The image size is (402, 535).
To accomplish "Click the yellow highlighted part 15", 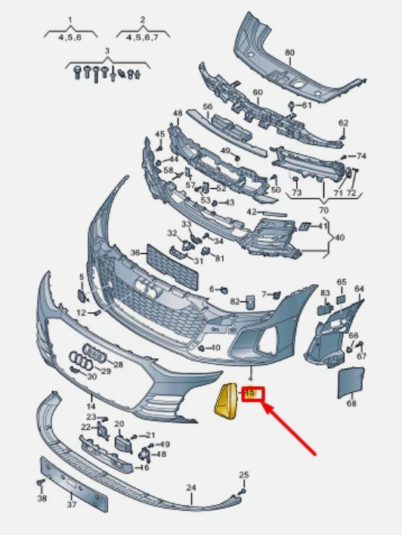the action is click(226, 401).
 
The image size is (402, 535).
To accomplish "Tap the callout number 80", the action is click(289, 53).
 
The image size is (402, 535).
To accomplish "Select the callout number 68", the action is click(351, 404).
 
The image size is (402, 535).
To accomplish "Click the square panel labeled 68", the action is click(351, 382).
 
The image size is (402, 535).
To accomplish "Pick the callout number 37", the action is click(71, 504).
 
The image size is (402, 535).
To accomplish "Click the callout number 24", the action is click(191, 488).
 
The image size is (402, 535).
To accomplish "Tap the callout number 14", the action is click(91, 407).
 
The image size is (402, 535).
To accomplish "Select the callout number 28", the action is click(118, 365).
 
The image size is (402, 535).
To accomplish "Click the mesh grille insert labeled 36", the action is click(172, 267).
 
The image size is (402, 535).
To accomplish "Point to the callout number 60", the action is click(258, 92).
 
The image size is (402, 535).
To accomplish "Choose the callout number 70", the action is click(323, 210).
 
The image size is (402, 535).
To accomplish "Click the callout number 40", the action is click(339, 237).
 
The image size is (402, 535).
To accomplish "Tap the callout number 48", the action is click(178, 113).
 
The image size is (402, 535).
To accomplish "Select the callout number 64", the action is click(359, 289).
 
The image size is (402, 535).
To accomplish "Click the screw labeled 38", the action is click(40, 484).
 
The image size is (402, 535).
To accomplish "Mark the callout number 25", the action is click(244, 475).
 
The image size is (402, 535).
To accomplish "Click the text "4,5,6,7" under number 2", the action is click(143, 37).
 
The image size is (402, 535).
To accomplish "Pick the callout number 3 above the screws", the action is click(107, 51).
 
